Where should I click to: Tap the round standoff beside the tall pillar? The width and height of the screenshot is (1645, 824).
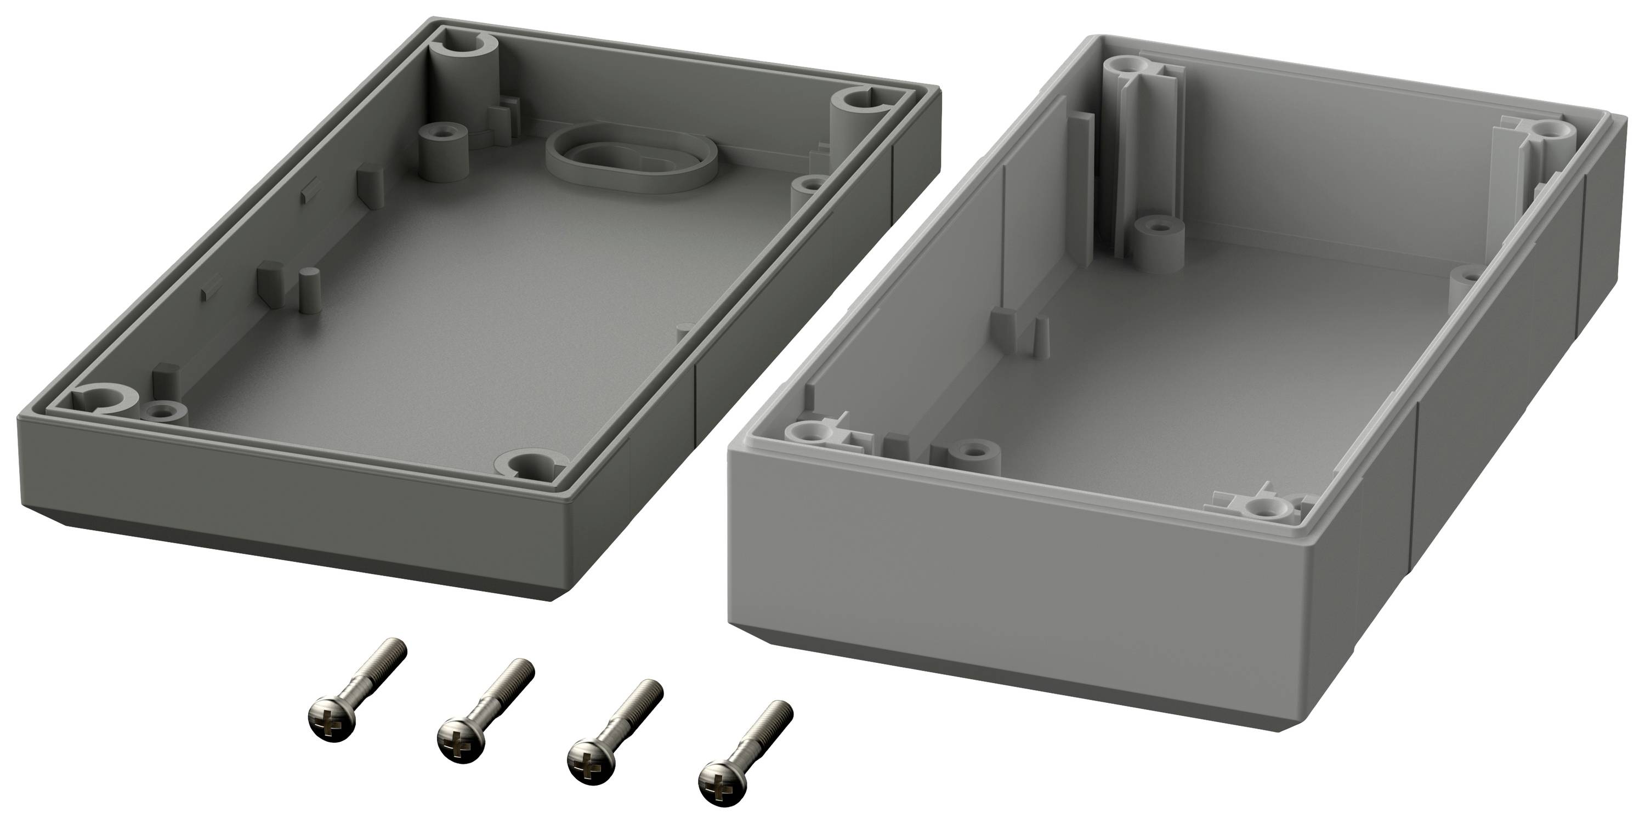(1156, 245)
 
